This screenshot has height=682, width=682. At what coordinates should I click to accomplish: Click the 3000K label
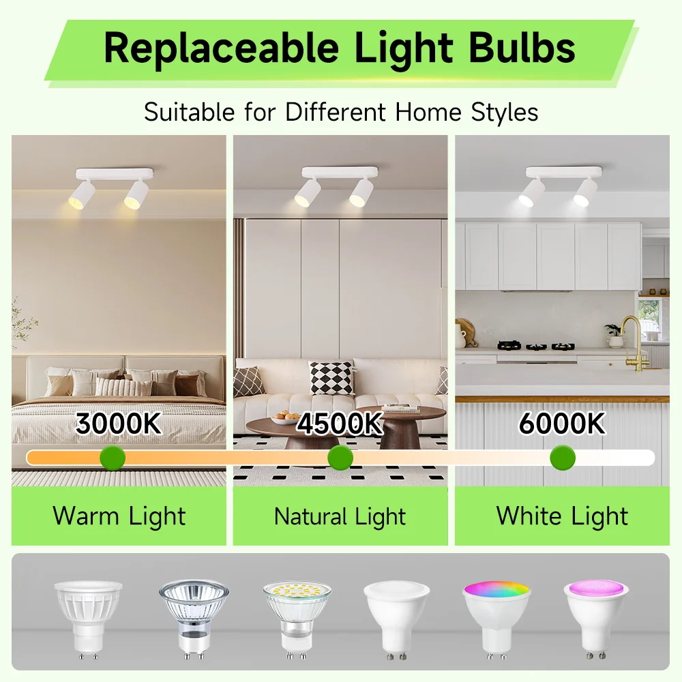(x=119, y=424)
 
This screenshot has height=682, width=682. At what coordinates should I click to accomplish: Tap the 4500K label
(x=340, y=424)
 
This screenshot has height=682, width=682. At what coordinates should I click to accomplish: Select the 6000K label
(x=561, y=424)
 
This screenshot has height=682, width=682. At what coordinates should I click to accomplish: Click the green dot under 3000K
(x=113, y=458)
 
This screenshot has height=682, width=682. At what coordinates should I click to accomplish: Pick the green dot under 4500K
(x=340, y=458)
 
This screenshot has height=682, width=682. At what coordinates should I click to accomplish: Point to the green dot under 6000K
(x=563, y=458)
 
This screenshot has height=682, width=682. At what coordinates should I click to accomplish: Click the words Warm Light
(x=119, y=516)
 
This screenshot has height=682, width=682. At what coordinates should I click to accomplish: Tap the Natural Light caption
(x=340, y=516)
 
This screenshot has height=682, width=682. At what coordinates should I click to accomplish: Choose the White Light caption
(x=562, y=516)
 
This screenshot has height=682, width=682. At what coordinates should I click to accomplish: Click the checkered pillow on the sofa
(x=331, y=378)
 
